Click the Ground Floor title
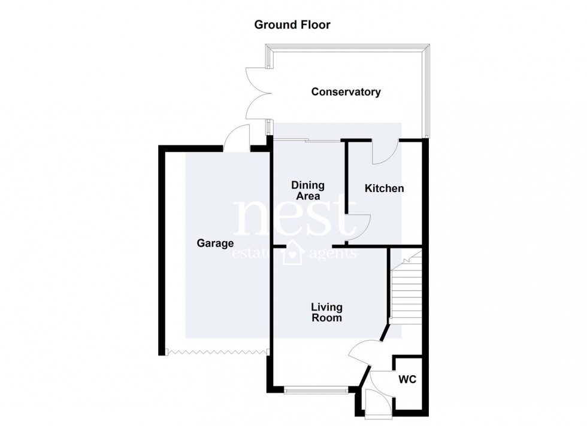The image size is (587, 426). point(292,25)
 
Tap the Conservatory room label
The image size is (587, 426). point(346,92)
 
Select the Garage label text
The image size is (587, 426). point(215,244)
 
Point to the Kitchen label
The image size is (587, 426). point(385,188)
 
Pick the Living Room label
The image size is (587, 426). point(326,312)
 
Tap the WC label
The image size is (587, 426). point(408,379)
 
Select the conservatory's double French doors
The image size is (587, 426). point(254,96)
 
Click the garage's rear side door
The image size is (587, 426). point(237,139)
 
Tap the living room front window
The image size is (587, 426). point(316,391)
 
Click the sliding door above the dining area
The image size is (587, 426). point(307,141)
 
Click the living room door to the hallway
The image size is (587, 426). point(363,353)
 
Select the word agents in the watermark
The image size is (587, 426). point(333,254)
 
